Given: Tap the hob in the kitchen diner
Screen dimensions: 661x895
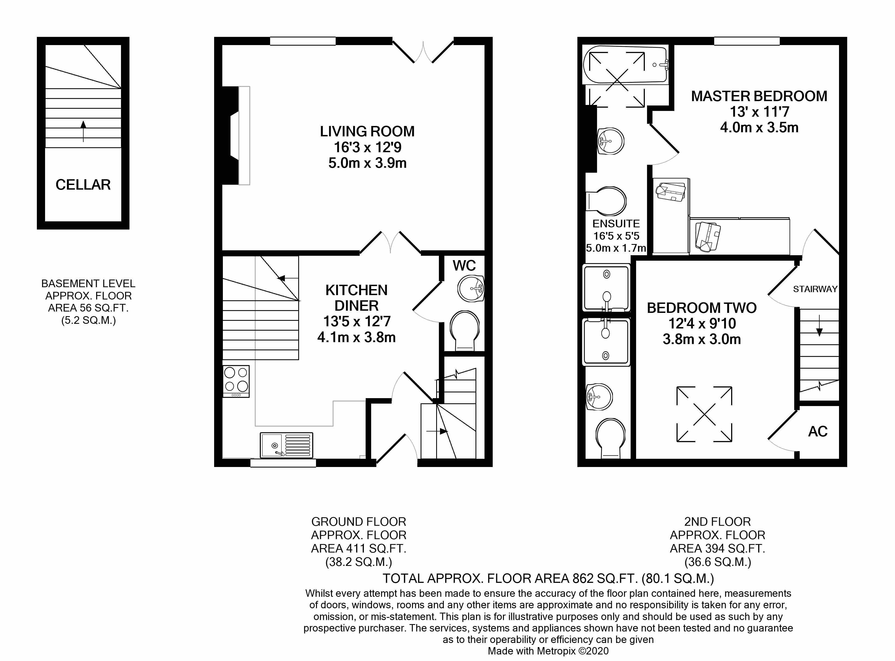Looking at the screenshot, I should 236,381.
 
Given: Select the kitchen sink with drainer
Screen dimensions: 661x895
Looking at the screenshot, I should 286,445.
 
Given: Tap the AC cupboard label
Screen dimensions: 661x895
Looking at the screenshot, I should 817,431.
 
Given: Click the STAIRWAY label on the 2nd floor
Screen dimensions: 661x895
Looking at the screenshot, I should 815,289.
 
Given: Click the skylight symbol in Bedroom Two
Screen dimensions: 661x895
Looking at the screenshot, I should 704,414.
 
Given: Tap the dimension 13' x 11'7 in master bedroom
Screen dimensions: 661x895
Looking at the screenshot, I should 759,112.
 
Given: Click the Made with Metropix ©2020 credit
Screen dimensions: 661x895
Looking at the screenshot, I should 548,651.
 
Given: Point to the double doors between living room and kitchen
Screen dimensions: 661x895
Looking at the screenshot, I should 390,243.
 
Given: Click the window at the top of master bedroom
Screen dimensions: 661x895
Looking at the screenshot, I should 747,41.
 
